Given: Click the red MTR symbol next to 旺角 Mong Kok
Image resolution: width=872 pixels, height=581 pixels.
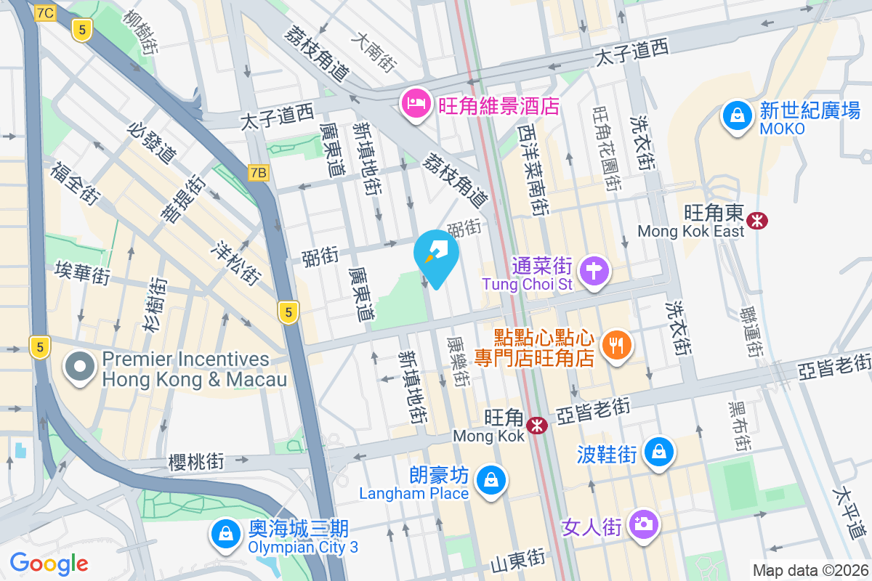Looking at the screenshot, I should pos(538,425).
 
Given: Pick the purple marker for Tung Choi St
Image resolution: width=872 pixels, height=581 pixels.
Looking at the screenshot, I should pos(594,272).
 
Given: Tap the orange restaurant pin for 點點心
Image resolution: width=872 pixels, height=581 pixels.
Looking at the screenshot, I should pos(617,346).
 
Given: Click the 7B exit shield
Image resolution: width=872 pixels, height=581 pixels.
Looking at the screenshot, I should pos(259,172).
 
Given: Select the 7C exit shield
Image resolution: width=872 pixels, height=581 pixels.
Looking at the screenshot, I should pos(45,12).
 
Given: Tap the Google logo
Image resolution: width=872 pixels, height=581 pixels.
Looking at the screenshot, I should pos(49,563).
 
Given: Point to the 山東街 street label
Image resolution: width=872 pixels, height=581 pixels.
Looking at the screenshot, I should pos(518,558).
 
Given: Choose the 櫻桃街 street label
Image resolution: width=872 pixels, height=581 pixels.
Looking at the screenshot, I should pos(196,461).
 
